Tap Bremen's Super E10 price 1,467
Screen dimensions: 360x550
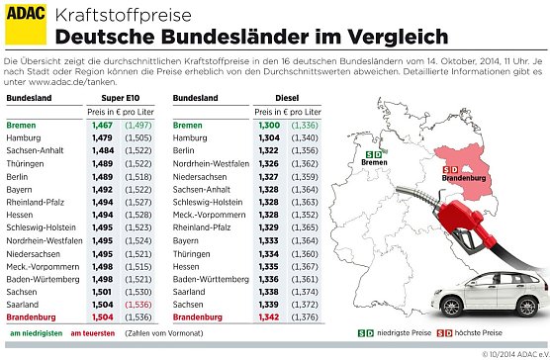pyautogui.click(x=102, y=127)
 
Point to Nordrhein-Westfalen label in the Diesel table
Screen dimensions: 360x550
pyautogui.click(x=217, y=163)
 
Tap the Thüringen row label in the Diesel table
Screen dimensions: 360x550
pyautogui.click(x=193, y=254)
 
